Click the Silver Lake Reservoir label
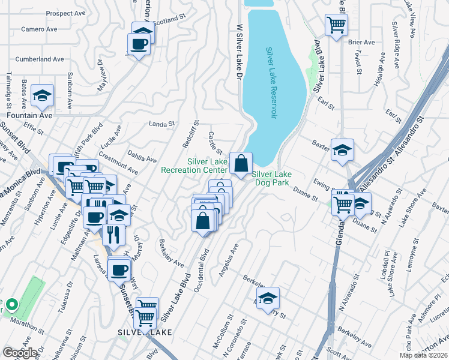271,83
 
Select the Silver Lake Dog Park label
271,178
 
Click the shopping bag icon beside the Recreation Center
241,163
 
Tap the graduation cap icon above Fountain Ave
42,95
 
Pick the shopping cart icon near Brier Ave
336,25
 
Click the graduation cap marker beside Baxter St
342,150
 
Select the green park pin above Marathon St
11,305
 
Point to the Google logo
20,353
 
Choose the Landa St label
161,124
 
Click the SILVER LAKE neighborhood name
145,332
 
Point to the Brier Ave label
361,43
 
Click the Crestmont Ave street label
118,163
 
